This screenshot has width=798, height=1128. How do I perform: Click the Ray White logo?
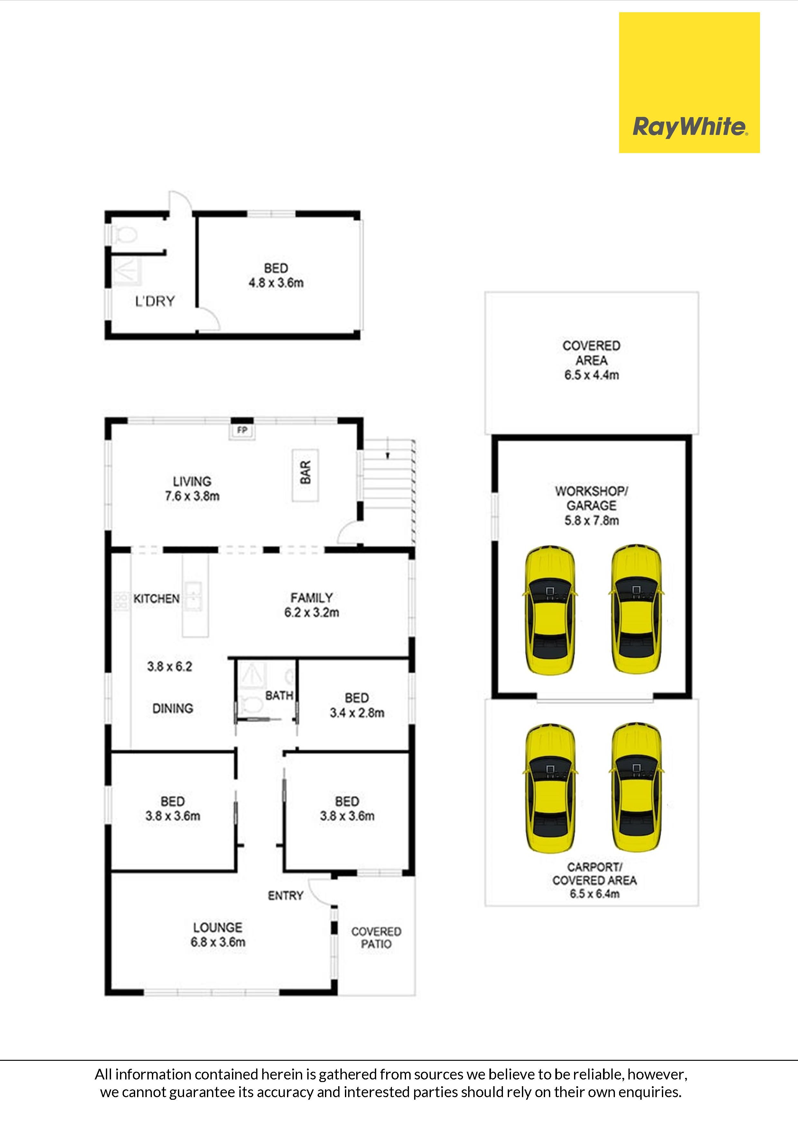689,83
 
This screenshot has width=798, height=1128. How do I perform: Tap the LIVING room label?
192,481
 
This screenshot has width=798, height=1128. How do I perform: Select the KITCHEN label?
156,598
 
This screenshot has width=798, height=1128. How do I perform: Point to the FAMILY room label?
312,597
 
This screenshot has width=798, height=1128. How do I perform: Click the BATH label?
279,695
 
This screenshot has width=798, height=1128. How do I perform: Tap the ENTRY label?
286,896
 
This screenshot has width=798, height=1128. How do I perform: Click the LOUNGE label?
218,927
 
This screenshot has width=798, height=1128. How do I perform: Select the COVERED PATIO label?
376,937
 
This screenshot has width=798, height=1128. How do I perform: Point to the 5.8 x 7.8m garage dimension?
591,520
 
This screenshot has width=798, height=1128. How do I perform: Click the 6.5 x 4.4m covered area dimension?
591,375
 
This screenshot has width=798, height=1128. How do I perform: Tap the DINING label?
172,708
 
